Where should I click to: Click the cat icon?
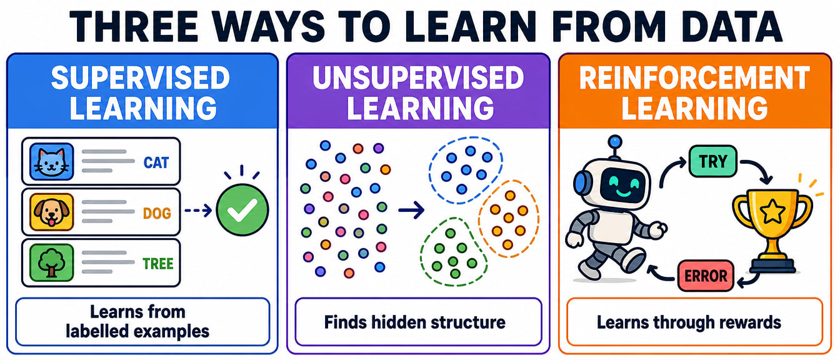point(51,162)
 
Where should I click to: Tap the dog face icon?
point(51,212)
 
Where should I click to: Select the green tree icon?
point(51,262)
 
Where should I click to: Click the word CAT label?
point(156,162)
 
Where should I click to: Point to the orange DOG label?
point(157,213)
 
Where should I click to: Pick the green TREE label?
point(158,264)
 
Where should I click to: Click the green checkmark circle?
point(242,210)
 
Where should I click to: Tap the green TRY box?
point(713,161)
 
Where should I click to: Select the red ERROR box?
point(706,276)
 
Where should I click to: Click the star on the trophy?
point(772,211)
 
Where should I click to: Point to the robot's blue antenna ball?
point(615,142)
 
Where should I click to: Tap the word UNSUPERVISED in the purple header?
point(418,78)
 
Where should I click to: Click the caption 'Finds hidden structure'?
point(415,322)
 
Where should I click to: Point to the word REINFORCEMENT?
point(694,78)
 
